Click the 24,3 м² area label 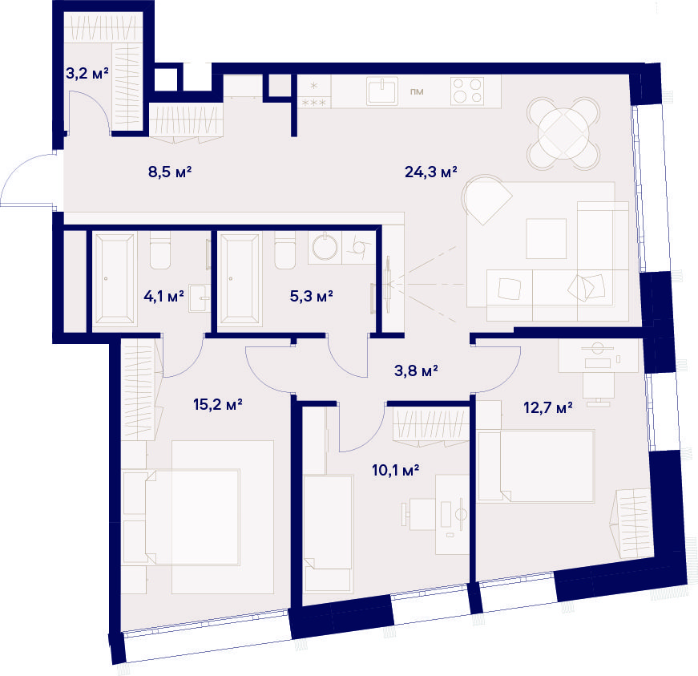pos(431,172)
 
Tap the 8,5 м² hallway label pos(170,172)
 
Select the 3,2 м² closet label pos(87,73)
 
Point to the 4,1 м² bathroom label pos(163,296)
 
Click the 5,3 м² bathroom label pos(311,296)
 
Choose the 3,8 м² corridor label pos(416,370)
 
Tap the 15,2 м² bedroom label pos(218,404)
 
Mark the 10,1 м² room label pos(395,470)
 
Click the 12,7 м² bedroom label pos(548,407)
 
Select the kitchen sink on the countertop pos(382,91)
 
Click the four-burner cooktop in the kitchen pos(467,91)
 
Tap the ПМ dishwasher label pos(417,91)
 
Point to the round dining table pos(563,133)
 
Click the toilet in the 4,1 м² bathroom pos(160,250)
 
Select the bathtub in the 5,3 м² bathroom pos(240,278)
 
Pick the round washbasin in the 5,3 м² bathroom pos(325,247)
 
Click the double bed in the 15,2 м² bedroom pos(192,516)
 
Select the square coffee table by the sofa pos(547,238)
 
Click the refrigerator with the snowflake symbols pos(314,91)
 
